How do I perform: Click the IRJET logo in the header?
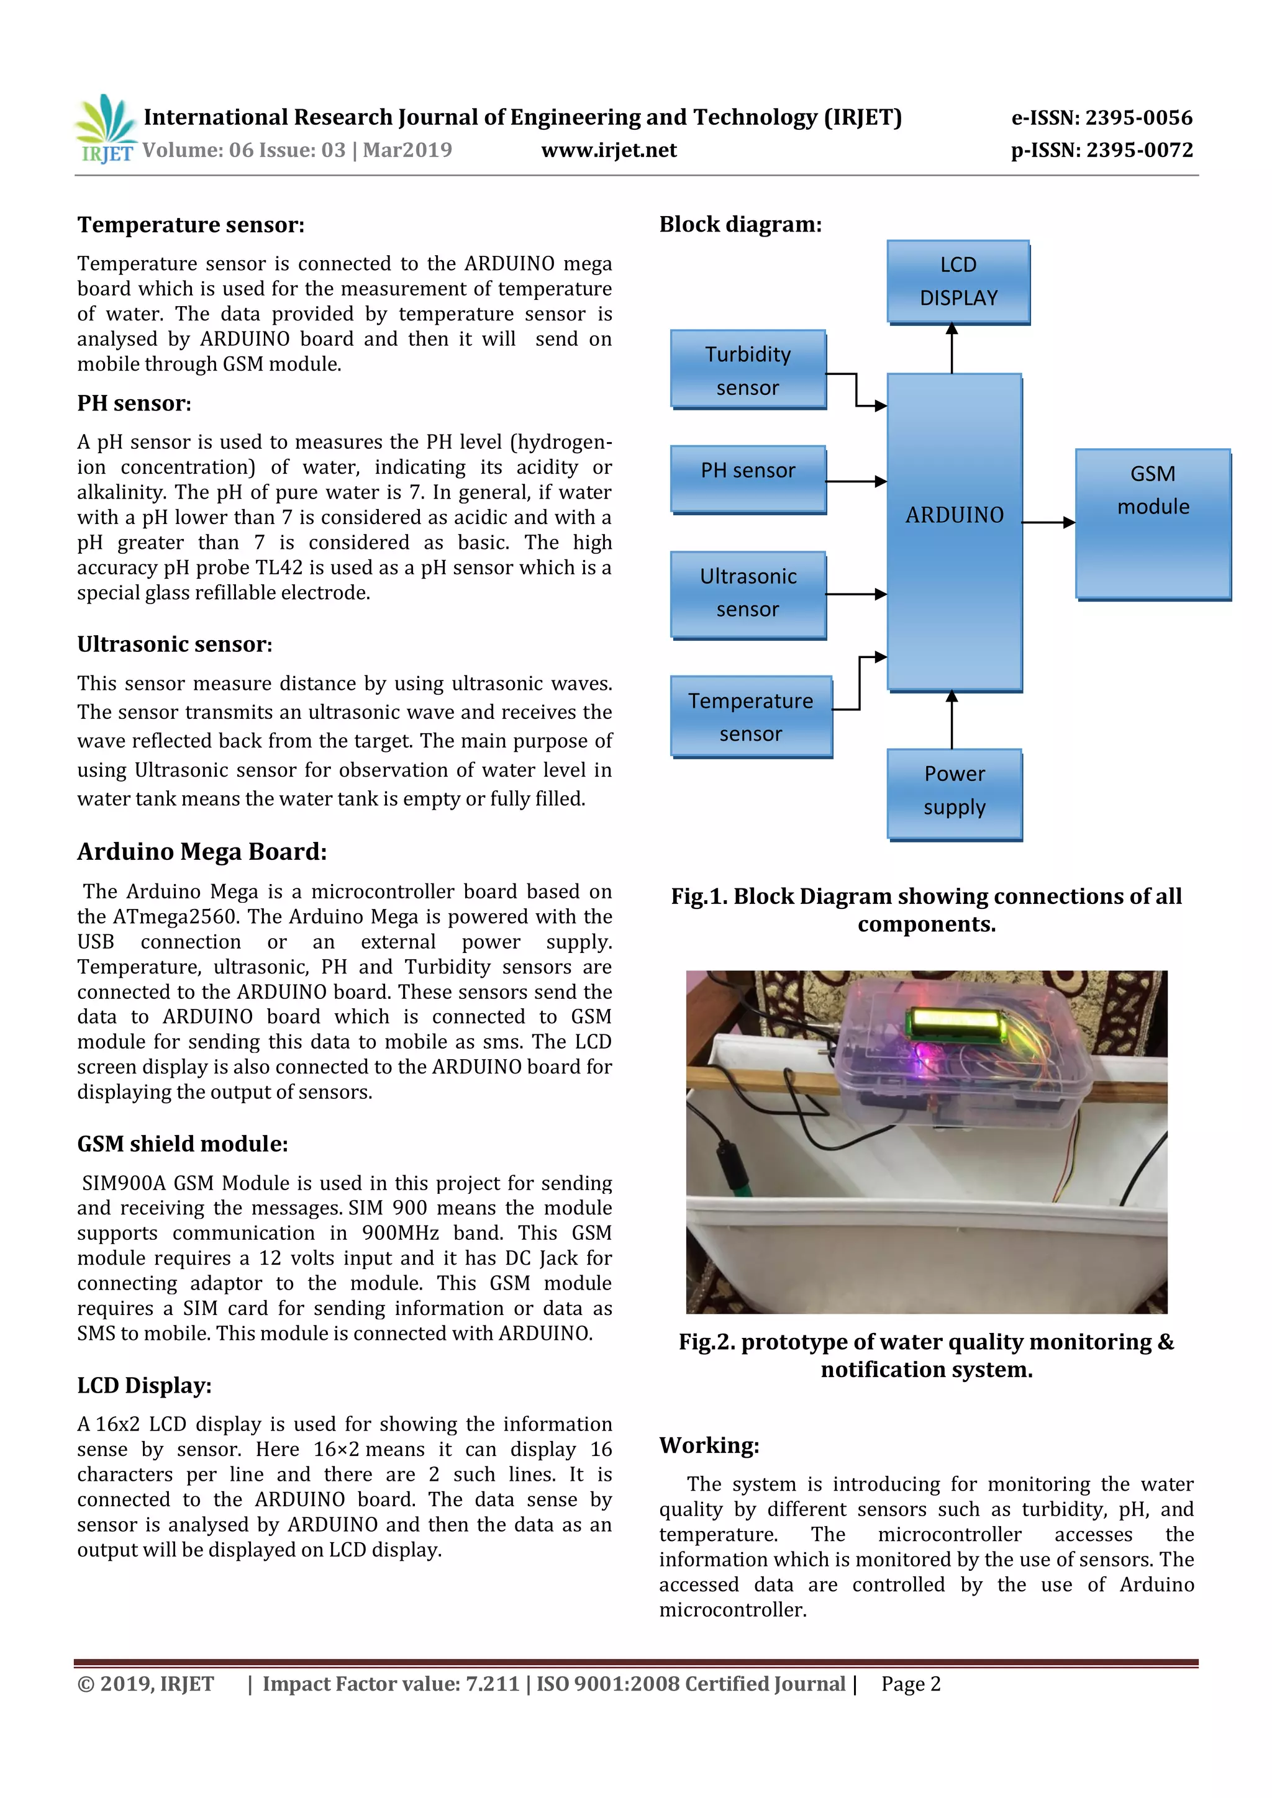pos(105,129)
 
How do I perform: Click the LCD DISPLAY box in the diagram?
pos(958,281)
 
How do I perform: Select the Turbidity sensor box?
pos(748,369)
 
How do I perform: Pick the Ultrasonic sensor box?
pos(748,594)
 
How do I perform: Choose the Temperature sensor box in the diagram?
pos(750,716)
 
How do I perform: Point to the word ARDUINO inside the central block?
pos(954,515)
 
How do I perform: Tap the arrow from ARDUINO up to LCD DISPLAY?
pos(952,348)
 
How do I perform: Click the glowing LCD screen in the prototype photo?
pos(954,1022)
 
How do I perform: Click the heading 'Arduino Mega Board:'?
pos(201,852)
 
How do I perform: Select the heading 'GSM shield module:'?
pos(183,1144)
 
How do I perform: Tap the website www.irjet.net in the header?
pos(609,150)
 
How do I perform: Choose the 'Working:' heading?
pos(709,1445)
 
